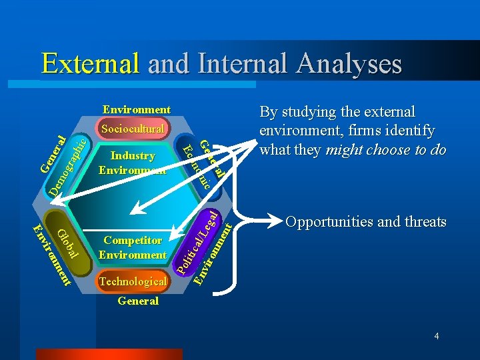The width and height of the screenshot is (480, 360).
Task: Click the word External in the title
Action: [90, 63]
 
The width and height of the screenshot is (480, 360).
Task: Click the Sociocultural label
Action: [133, 128]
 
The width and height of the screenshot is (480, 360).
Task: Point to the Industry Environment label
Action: [133, 163]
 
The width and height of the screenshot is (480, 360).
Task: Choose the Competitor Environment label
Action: [133, 247]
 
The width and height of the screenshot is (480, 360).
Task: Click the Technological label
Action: [133, 281]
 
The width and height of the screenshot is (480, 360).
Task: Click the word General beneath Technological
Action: [137, 301]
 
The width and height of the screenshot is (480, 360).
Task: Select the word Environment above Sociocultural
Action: [136, 109]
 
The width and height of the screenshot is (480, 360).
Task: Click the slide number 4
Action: [436, 336]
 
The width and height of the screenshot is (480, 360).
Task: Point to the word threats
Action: [424, 222]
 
